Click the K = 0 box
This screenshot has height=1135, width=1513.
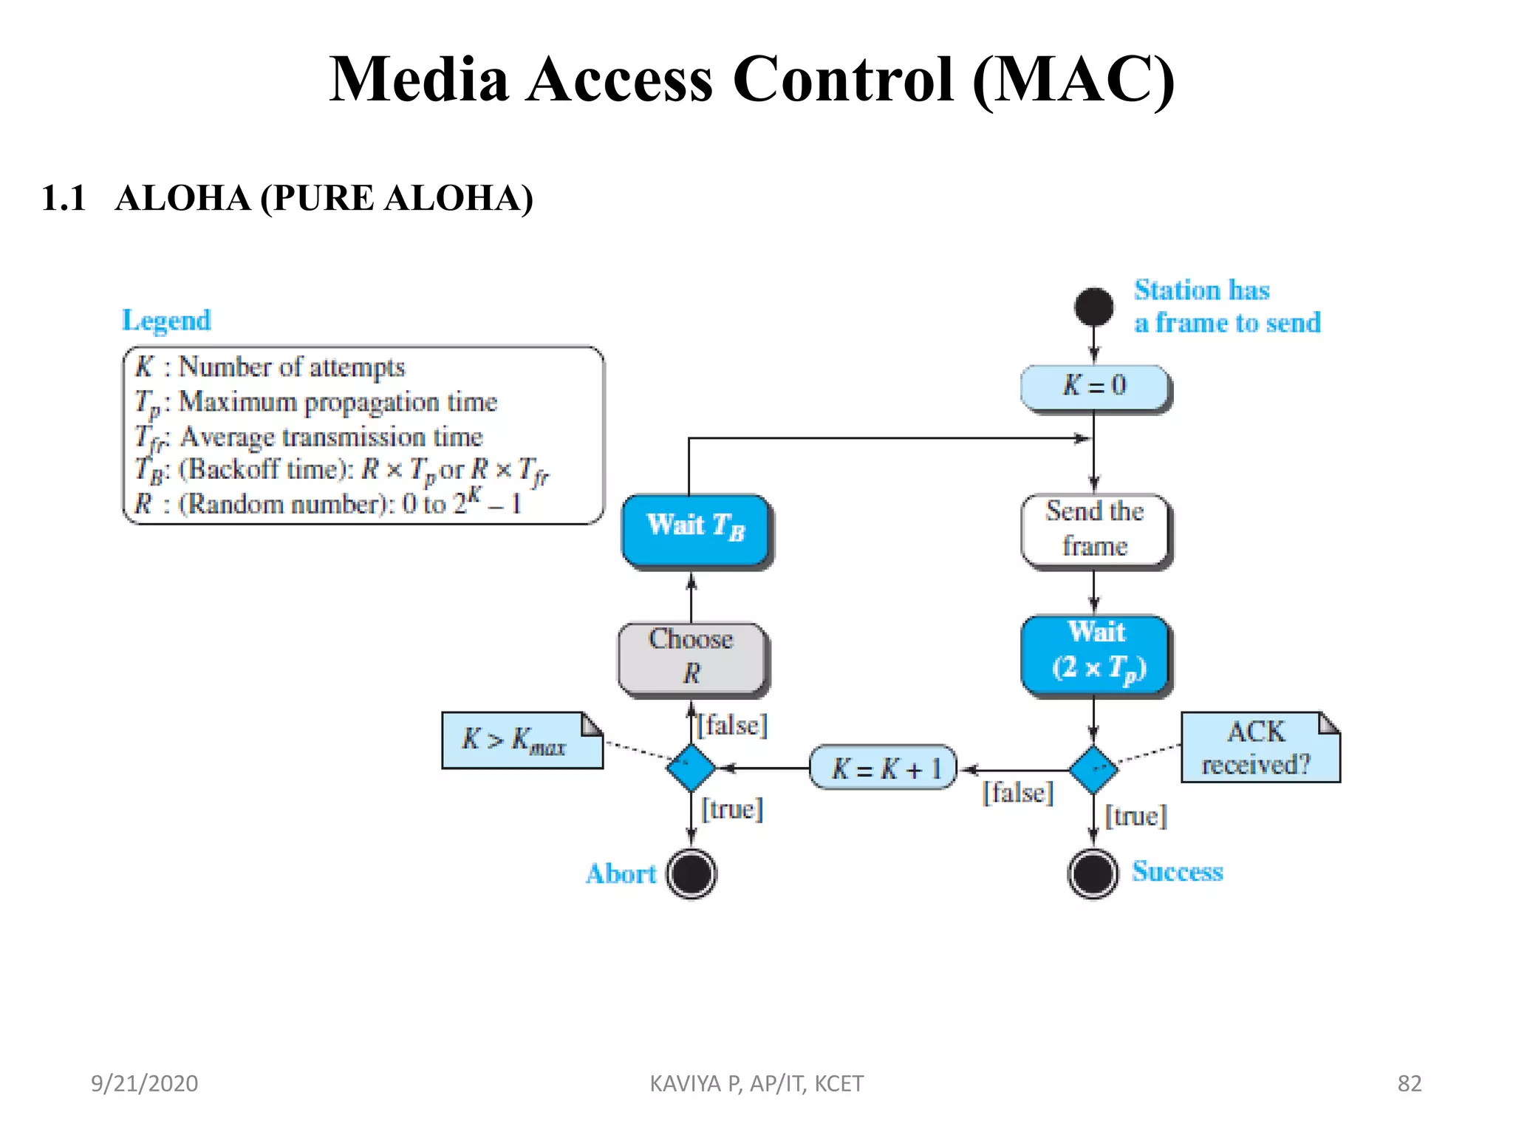[1094, 386]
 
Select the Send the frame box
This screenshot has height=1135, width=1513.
[1094, 529]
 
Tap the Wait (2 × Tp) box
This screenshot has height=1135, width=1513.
[1096, 654]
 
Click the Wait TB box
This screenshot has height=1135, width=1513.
[695, 528]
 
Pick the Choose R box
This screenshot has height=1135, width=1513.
[691, 657]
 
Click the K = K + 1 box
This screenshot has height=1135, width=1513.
[883, 768]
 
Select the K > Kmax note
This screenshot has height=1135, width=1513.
[521, 740]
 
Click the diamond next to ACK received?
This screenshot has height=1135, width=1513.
[1093, 769]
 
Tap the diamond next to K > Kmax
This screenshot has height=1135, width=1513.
[691, 768]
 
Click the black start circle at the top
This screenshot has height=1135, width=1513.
[1094, 307]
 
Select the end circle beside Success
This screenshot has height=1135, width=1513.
[1093, 873]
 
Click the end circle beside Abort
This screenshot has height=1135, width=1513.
[691, 873]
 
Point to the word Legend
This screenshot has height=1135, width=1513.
[166, 321]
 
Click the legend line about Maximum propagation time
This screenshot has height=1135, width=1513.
[316, 403]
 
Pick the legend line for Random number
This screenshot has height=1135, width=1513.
[328, 503]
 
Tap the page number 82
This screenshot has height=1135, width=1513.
[1409, 1083]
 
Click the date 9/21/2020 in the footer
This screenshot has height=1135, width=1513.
[144, 1083]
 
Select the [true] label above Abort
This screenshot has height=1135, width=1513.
[732, 809]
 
